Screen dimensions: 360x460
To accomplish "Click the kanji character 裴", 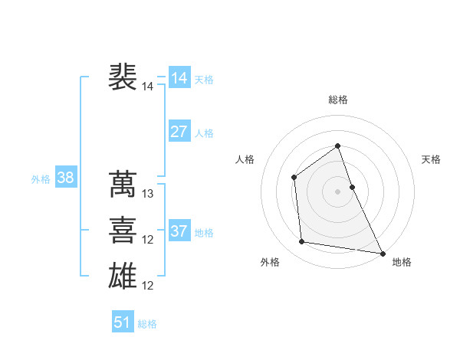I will coord(123,77).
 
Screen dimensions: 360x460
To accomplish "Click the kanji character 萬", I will coord(123,184).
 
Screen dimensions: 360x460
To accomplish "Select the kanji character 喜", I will coord(123,230).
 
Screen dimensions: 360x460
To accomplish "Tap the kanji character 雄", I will coord(123,275).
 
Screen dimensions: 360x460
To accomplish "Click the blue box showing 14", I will coord(179,77).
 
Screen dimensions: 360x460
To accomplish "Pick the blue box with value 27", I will coord(179,131).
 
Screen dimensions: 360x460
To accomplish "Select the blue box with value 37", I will coord(179,231).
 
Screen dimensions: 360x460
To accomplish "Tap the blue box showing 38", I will coord(66,178).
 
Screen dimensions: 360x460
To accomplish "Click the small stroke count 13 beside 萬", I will coord(148,195).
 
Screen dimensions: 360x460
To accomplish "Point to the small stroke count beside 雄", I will coord(148,286).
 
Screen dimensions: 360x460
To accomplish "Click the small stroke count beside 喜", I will coord(148,241).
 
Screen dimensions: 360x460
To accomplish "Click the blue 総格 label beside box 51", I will coord(147,324).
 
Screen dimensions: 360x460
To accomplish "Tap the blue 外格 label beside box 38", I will coord(41,179).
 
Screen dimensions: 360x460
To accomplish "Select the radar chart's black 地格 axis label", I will coord(402,262).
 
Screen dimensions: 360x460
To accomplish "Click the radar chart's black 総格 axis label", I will coord(338,100).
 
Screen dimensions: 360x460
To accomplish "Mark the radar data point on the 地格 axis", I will coord(382,253).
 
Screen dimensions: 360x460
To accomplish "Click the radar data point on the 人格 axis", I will coord(294,178).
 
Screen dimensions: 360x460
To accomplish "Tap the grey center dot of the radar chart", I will coord(338,191).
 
